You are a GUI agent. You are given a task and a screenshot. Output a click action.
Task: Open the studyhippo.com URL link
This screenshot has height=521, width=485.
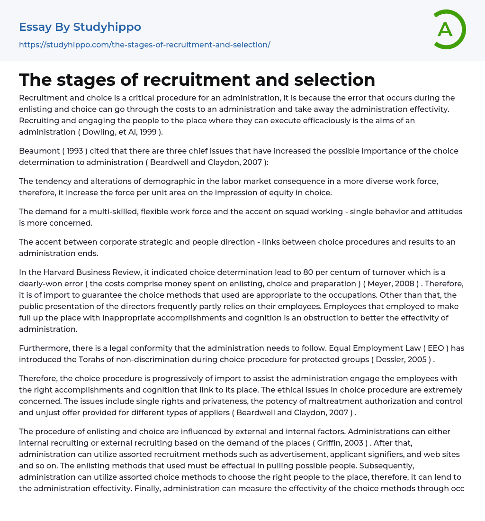(144, 45)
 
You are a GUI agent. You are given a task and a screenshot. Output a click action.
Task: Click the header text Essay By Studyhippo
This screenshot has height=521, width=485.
(80, 27)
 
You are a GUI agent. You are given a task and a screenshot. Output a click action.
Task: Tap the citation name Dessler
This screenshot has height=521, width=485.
(391, 359)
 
